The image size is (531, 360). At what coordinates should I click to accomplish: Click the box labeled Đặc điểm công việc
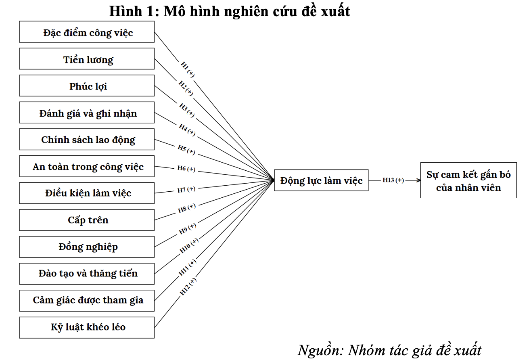pyautogui.click(x=87, y=32)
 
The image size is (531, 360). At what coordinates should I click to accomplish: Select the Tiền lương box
pyautogui.click(x=87, y=59)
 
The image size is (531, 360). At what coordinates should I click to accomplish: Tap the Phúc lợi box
pyautogui.click(x=87, y=86)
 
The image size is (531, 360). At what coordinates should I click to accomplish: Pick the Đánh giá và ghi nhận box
pyautogui.click(x=87, y=113)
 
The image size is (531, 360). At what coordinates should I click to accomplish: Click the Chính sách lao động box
pyautogui.click(x=87, y=139)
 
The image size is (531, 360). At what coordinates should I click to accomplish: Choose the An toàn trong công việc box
pyautogui.click(x=87, y=166)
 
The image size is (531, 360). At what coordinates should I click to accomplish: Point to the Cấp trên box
pyautogui.click(x=87, y=220)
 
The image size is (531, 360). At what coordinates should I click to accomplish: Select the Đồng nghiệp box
pyautogui.click(x=87, y=247)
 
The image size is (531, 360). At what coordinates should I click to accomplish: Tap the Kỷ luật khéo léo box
pyautogui.click(x=87, y=327)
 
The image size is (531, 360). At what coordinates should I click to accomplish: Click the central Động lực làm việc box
pyautogui.click(x=321, y=180)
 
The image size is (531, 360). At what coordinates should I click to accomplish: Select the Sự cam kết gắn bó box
pyautogui.click(x=468, y=180)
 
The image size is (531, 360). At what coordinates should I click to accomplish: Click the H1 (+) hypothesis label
pyautogui.click(x=188, y=69)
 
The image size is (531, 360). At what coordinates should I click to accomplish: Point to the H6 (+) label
pyautogui.click(x=186, y=169)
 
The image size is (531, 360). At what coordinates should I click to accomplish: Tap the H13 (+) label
pyautogui.click(x=393, y=180)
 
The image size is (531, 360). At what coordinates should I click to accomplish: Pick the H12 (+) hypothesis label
pyautogui.click(x=188, y=287)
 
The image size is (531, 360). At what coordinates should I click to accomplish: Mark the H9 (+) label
pyautogui.click(x=188, y=228)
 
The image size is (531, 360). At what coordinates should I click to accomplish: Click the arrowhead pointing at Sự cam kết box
pyautogui.click(x=419, y=180)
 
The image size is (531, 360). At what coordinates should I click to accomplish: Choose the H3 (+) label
pyautogui.click(x=187, y=110)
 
